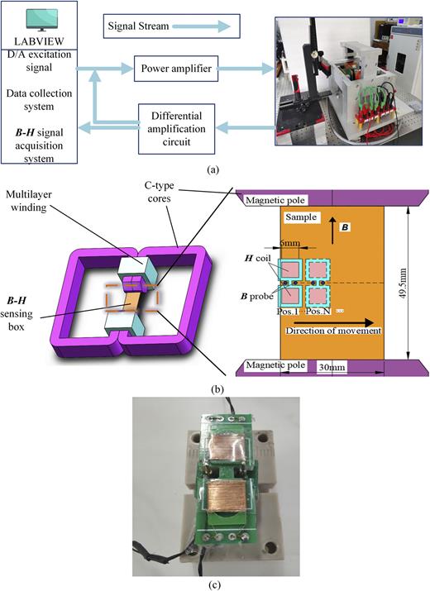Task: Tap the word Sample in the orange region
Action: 300,217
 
